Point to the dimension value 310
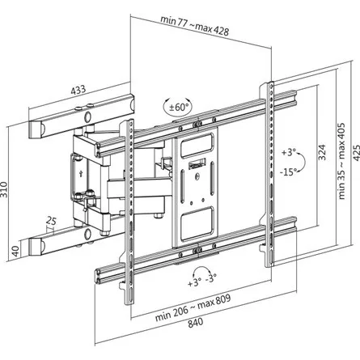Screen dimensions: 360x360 [x=7, y=189]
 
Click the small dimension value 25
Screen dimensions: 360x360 [x=51, y=222]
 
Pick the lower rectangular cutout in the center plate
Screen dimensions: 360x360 [x=197, y=219]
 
